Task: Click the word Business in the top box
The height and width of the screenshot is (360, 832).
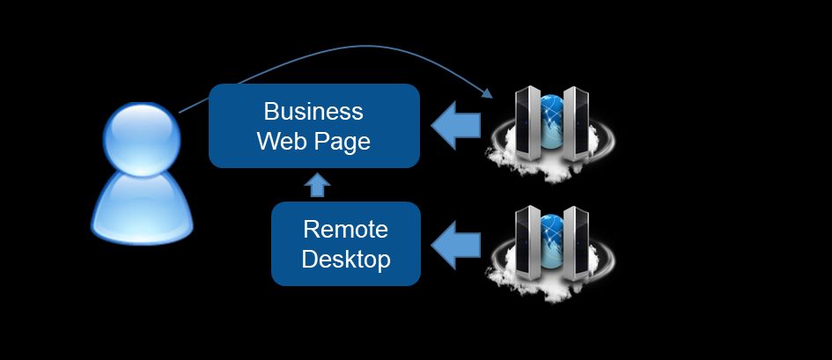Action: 313,112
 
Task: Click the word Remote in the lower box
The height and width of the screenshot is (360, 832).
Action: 345,230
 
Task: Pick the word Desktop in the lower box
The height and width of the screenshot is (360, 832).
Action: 345,261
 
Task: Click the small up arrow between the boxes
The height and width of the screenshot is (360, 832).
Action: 318,185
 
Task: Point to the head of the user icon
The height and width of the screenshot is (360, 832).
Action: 142,136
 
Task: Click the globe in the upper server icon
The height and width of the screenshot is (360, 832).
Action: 551,119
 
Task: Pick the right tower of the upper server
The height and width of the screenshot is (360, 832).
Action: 575,123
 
